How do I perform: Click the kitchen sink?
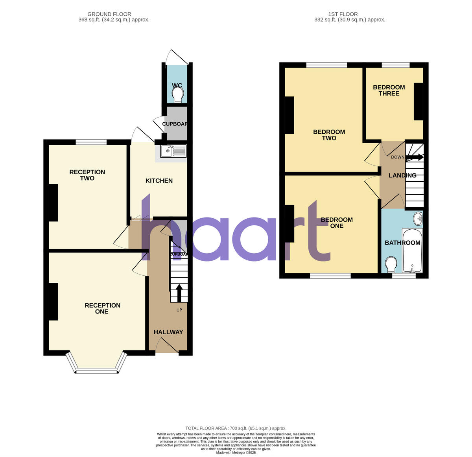pos(173,150)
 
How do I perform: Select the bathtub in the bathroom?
pos(411,251)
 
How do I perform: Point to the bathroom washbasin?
pos(418,217)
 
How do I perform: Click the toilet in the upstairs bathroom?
pos(391,264)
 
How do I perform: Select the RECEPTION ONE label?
pos(102,308)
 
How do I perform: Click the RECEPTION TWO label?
pos(87,175)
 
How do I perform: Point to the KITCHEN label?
pos(159,181)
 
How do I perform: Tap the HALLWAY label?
pos(168,332)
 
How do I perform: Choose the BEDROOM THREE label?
pos(389,90)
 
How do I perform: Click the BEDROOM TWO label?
pos(329,135)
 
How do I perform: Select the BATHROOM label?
pos(402,243)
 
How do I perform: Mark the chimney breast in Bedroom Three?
pos(418,101)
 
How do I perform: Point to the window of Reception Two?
pos(91,142)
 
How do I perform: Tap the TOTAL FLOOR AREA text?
pos(236,428)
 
